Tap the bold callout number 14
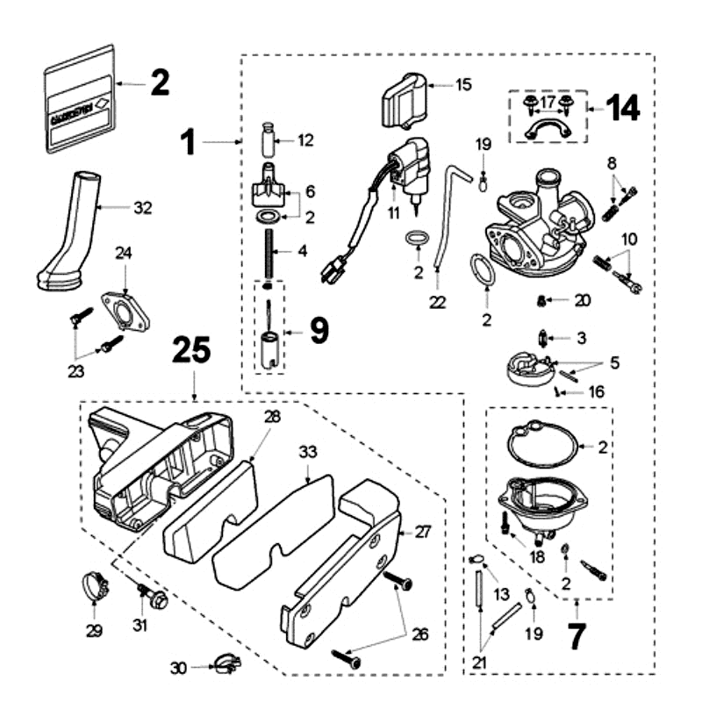coord(620,109)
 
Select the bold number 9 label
coord(318,331)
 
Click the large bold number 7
coord(576,636)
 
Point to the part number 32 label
coord(142,208)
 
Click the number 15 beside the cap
coord(463,84)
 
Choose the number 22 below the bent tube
coord(438,303)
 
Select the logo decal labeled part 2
coord(80,98)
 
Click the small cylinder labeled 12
coord(270,140)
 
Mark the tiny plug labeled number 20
coord(541,301)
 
